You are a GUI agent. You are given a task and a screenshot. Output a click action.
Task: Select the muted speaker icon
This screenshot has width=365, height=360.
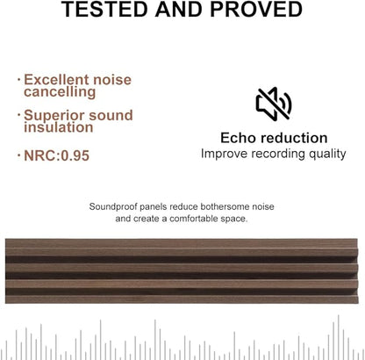point(273,104)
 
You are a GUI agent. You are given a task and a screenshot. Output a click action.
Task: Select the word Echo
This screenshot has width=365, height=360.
point(240,138)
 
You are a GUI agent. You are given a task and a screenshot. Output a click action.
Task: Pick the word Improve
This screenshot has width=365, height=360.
point(225,154)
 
